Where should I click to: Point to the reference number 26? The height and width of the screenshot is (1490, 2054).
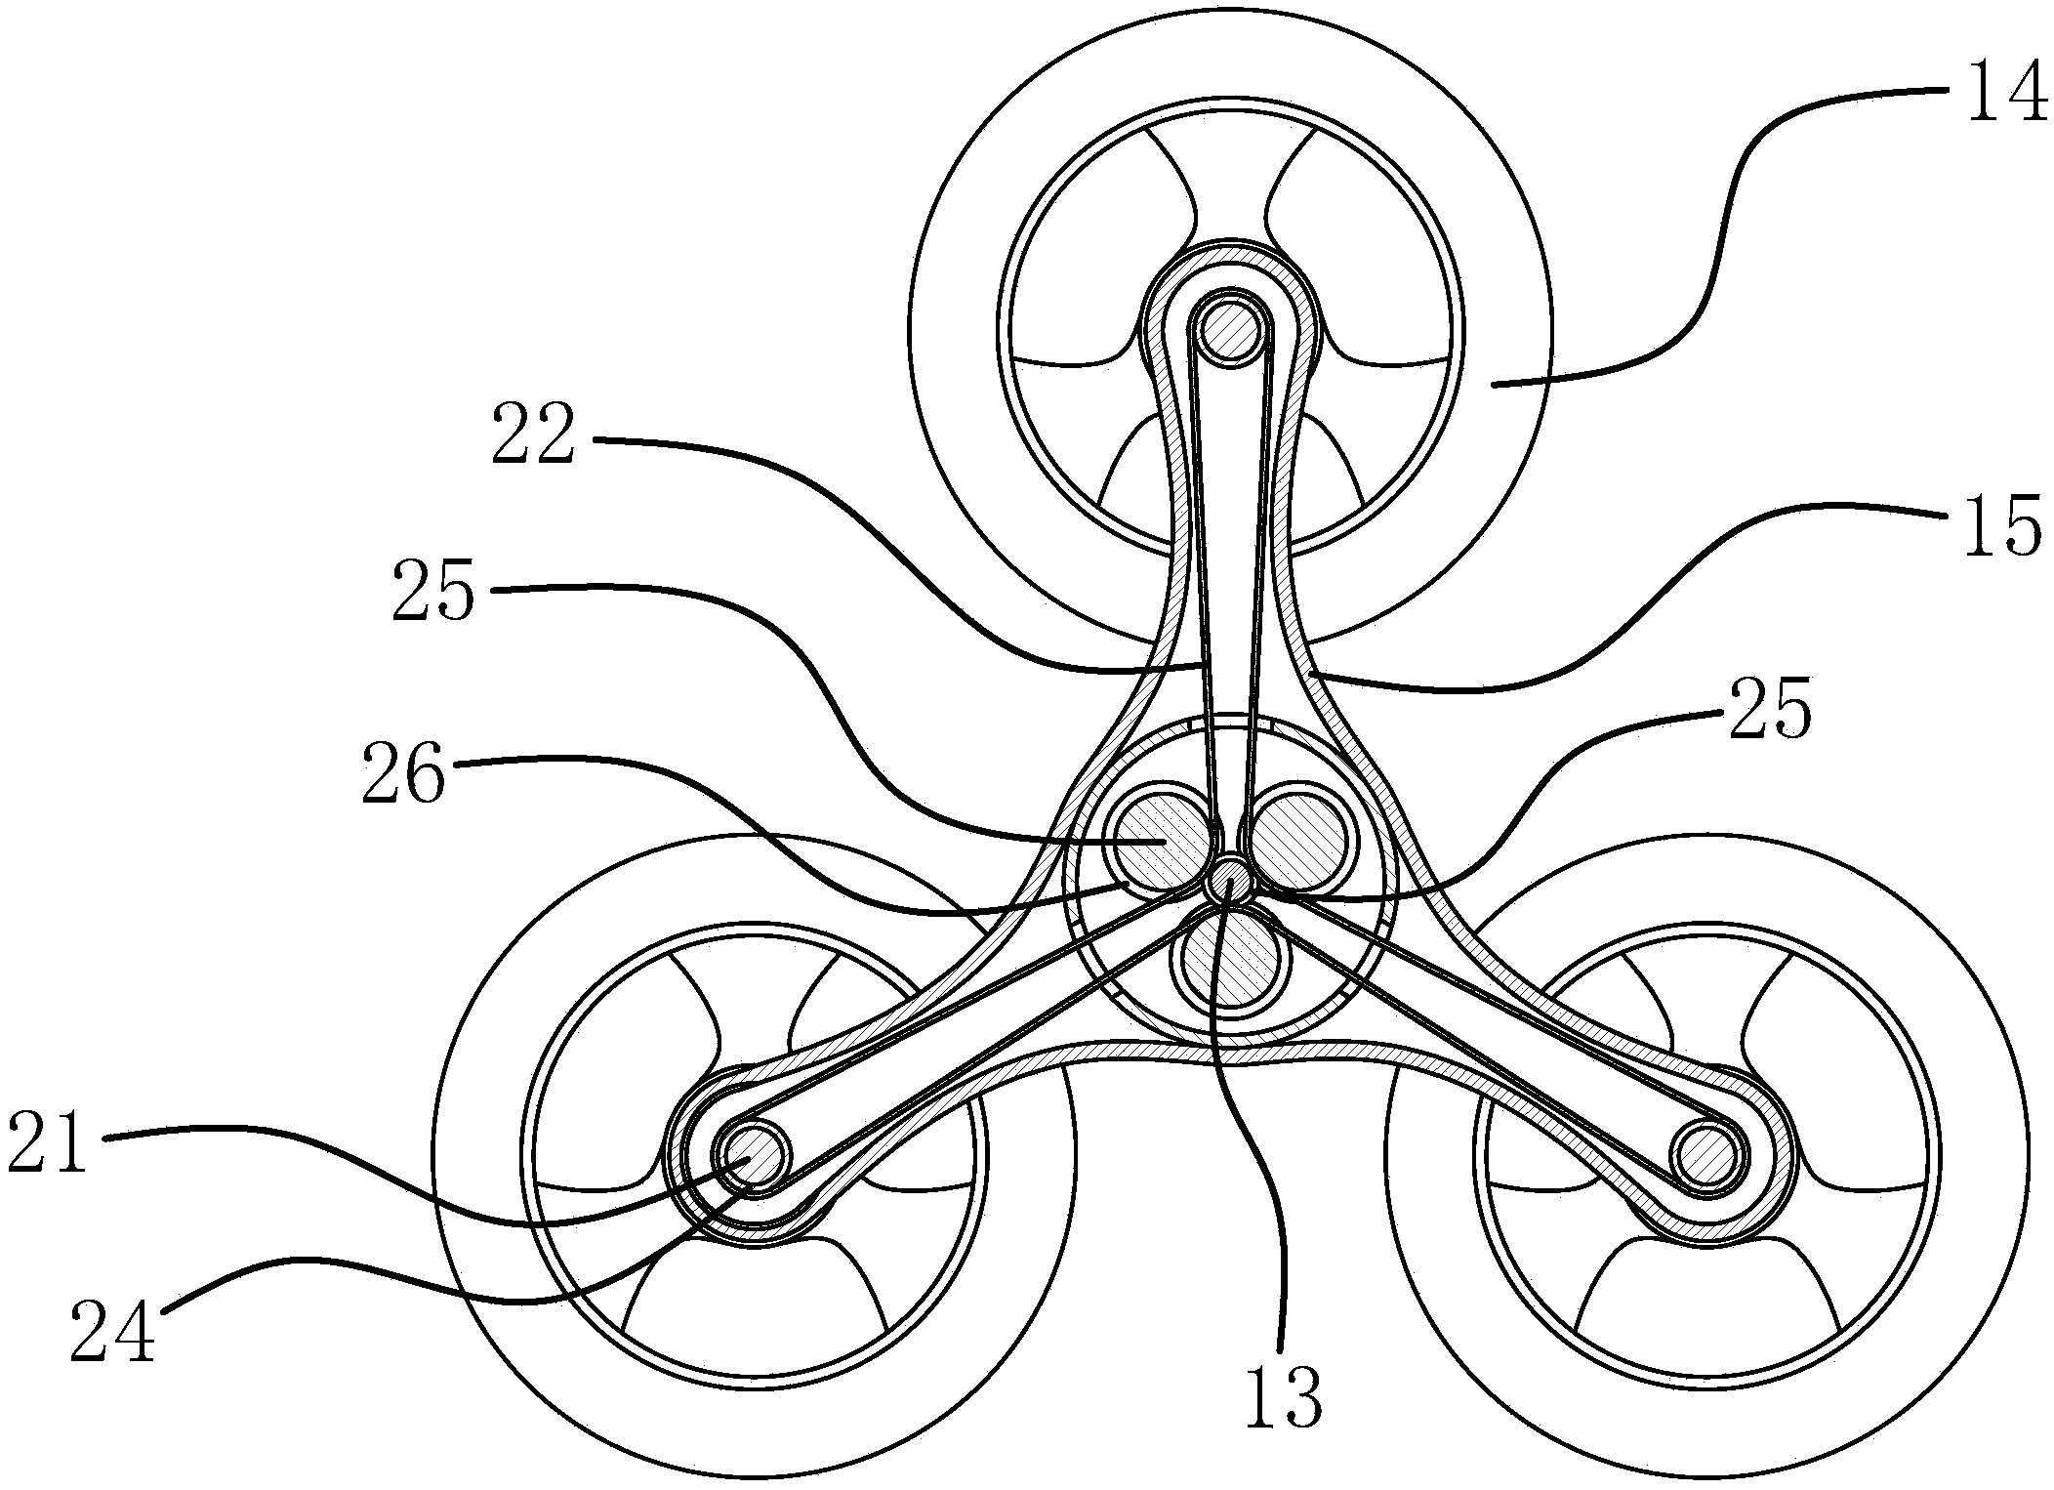(x=402, y=771)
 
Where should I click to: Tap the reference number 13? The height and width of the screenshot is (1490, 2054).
(x=1283, y=1400)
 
